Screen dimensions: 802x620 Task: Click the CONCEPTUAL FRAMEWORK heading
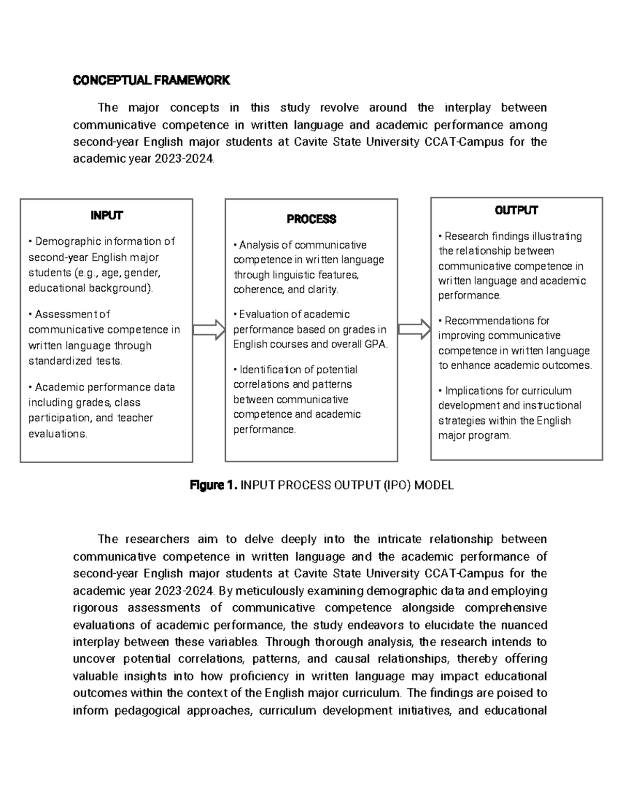point(151,80)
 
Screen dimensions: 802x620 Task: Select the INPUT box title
point(106,215)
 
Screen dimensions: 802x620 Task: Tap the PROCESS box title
point(311,219)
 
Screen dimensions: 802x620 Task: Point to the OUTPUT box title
point(516,210)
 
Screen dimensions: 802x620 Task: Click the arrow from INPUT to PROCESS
point(209,330)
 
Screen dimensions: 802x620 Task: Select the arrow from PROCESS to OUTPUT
point(414,329)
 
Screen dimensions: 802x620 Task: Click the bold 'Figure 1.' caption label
point(213,485)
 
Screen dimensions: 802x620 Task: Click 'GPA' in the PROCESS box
point(376,344)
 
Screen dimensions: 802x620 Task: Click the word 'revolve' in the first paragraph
point(339,108)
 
